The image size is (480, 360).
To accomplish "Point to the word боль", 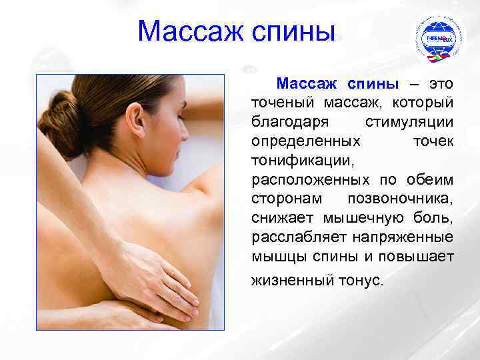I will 437,219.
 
